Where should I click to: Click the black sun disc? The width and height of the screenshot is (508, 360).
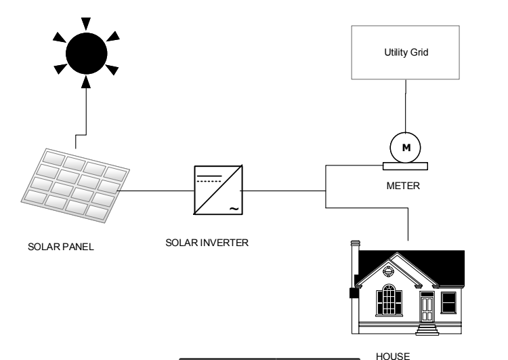pos(87,54)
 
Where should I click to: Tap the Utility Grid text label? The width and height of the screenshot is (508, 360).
pos(406,52)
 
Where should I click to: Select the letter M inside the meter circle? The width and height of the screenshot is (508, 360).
pos(406,148)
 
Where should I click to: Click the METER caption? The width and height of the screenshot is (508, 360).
pos(403,186)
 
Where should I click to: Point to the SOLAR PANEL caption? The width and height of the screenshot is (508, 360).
pos(61,247)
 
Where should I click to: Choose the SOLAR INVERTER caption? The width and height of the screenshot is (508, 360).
pos(207,243)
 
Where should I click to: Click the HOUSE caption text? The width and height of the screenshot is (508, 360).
pos(393,356)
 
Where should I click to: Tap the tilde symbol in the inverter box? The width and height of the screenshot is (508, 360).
pos(234,209)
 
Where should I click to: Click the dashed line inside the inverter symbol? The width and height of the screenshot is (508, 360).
pos(209,181)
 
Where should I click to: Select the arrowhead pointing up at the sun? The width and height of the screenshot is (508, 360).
pos(86,82)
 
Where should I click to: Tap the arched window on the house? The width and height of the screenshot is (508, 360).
pos(389,300)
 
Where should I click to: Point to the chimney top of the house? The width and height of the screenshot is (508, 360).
pos(356,243)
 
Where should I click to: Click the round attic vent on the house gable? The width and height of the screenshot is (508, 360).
pos(388,271)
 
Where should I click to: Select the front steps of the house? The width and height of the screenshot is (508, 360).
pos(427,329)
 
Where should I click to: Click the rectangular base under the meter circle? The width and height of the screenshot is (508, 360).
pos(405,166)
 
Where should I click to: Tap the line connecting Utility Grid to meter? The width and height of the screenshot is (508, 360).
pos(406,106)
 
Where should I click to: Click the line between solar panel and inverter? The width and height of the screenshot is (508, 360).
pos(156,191)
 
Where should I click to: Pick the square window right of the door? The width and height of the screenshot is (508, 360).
pos(448,302)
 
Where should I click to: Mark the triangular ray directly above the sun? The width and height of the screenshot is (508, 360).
pos(86,23)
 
